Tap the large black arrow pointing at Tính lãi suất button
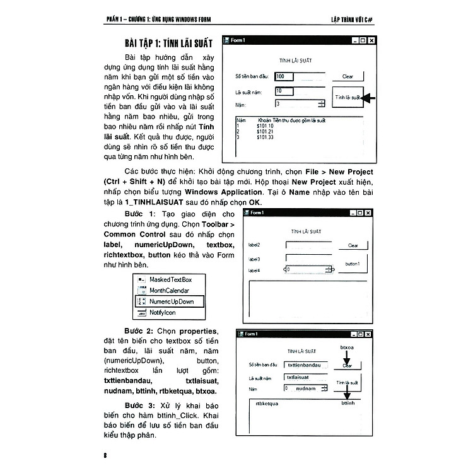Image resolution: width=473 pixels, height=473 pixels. [x=370, y=98]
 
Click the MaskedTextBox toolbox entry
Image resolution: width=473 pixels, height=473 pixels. [x=170, y=279]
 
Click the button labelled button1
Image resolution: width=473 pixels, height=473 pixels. [x=353, y=264]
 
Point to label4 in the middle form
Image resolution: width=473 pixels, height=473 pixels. [x=255, y=271]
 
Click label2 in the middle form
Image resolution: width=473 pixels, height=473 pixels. [x=255, y=245]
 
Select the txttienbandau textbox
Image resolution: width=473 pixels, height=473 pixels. [x=305, y=365]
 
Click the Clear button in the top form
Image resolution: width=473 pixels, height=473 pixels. [x=347, y=76]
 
